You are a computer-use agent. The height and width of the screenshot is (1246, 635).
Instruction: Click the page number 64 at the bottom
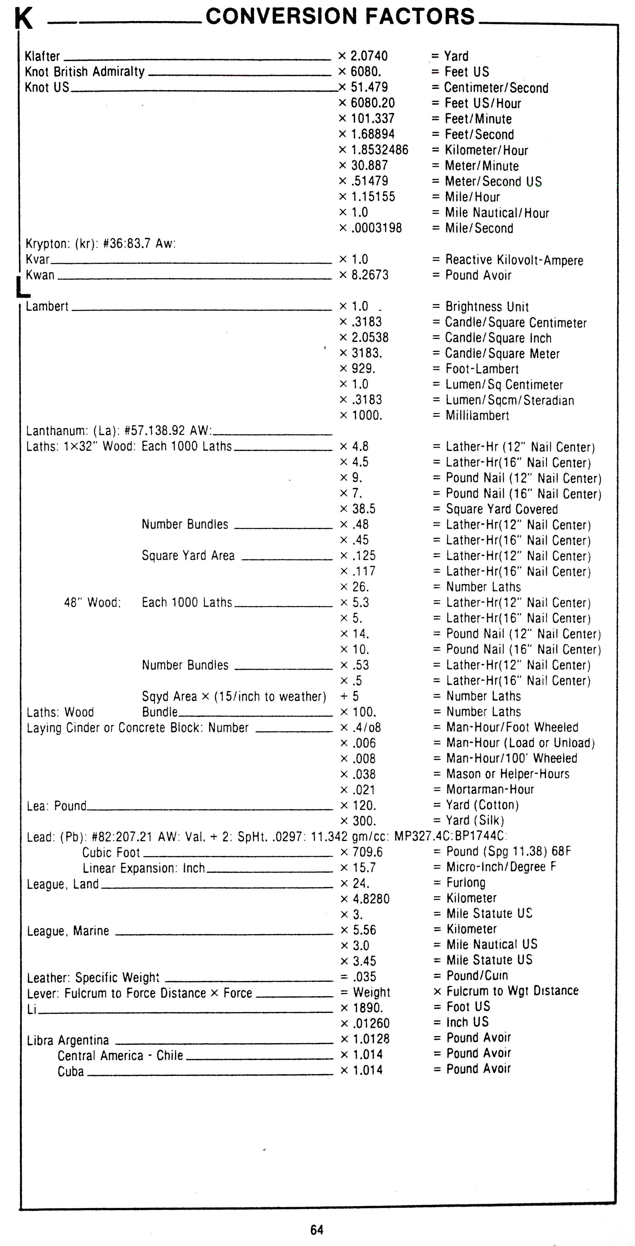pyautogui.click(x=317, y=1229)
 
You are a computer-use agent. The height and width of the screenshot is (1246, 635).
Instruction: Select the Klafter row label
pyautogui.click(x=43, y=56)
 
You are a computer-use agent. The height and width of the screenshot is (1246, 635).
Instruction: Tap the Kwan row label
pyautogui.click(x=40, y=275)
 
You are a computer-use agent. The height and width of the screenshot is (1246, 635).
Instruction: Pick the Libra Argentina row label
pyautogui.click(x=68, y=1040)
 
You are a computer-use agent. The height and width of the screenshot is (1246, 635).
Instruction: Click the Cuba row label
pyautogui.click(x=71, y=1071)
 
